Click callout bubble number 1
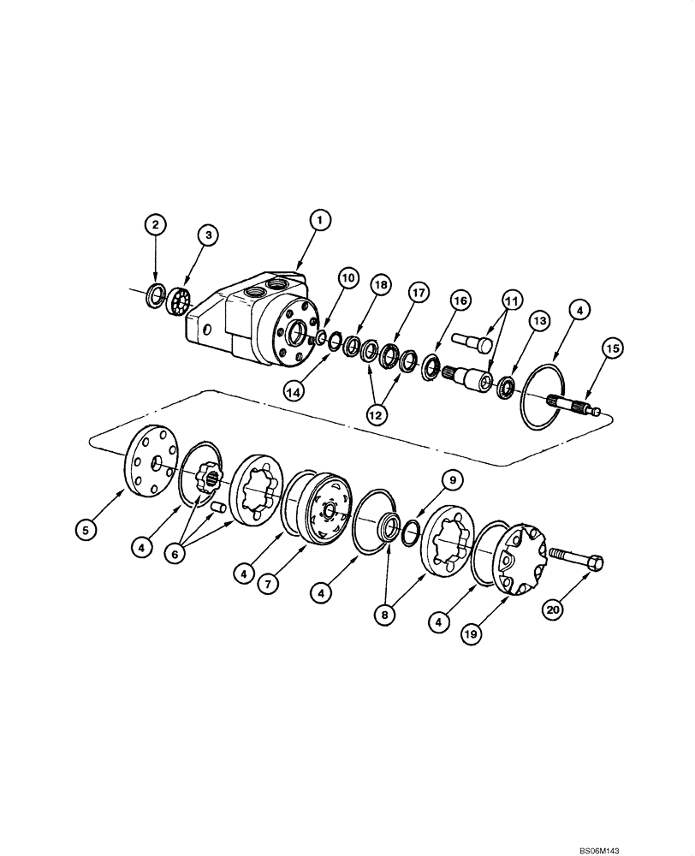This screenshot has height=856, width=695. tap(318, 221)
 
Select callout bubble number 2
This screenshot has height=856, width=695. tap(155, 226)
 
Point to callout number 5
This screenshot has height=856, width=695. tap(85, 531)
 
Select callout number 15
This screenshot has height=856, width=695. tap(612, 348)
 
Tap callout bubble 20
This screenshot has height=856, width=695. tap(554, 609)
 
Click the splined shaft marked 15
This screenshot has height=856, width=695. tap(570, 404)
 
